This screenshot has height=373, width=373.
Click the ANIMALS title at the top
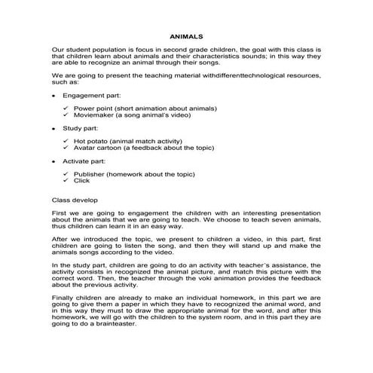pos(186,35)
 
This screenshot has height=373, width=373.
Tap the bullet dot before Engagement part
pos(53,97)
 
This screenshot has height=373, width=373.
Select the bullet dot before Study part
pos(53,129)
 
